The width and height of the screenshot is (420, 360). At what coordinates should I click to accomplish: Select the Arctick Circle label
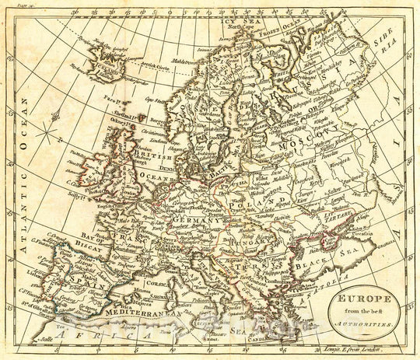pyautogui.click(x=152, y=68)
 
